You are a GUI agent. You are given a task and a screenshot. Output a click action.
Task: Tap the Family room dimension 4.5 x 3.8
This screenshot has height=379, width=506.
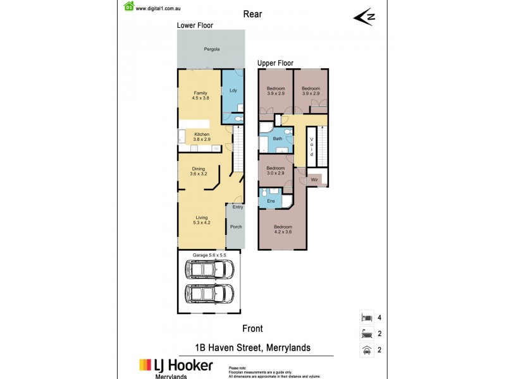pos(201,98)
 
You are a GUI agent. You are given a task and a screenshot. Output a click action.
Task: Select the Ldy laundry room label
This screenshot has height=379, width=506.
pos(233,91)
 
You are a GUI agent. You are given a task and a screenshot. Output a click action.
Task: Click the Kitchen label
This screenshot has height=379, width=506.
pos(202,135)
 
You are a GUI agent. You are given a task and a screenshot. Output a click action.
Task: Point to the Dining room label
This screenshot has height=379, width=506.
pos(199,169)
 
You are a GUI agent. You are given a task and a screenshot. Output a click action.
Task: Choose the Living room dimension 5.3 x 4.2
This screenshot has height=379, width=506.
pos(201,222)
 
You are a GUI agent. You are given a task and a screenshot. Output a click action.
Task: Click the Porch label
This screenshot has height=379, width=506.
pos(235,227)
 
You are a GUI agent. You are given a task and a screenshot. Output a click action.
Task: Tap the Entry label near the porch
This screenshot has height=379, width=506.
pos(237,207)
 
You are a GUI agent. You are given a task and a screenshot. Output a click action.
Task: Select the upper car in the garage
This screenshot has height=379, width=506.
pos(209,270)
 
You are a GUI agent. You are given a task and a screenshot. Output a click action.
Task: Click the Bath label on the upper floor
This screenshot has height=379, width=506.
pos(277,139)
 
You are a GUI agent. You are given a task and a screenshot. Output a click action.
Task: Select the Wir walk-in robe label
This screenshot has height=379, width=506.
pos(314,181)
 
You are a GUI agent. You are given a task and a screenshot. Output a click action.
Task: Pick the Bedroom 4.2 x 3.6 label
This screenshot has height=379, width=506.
pos(282,229)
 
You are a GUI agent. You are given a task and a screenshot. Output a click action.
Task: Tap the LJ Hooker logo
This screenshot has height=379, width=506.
pos(176,366)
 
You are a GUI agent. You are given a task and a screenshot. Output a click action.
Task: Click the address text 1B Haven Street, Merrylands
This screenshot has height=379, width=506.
pos(253,348)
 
